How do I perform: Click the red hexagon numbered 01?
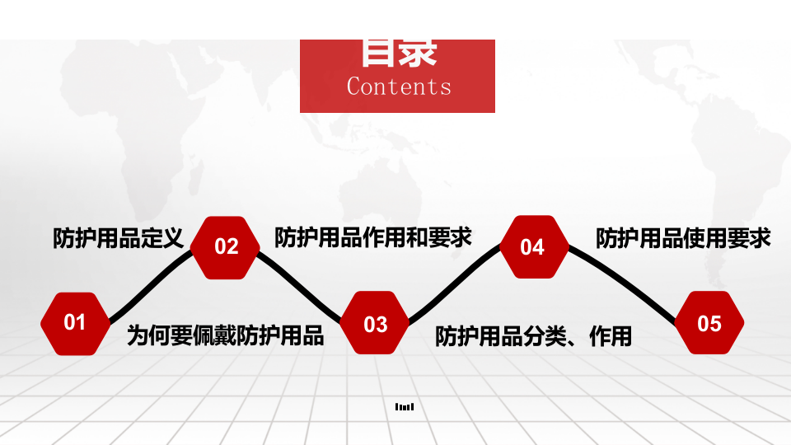tap(75, 323)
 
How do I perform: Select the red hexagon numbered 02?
tap(227, 247)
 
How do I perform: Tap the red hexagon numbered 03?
tap(376, 324)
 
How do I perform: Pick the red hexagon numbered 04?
tap(533, 247)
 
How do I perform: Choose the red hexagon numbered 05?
tap(709, 323)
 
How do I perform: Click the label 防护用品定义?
tap(117, 239)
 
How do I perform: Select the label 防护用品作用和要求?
tap(372, 237)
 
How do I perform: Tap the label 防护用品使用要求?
tap(683, 238)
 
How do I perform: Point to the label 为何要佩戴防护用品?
tap(225, 335)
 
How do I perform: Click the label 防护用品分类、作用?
tap(533, 336)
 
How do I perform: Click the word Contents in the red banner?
tap(399, 87)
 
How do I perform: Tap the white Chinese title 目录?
tap(399, 53)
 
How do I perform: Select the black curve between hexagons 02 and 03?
tap(301, 284)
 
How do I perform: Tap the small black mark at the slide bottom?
tap(405, 406)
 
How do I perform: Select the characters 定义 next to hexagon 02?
tap(161, 239)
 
